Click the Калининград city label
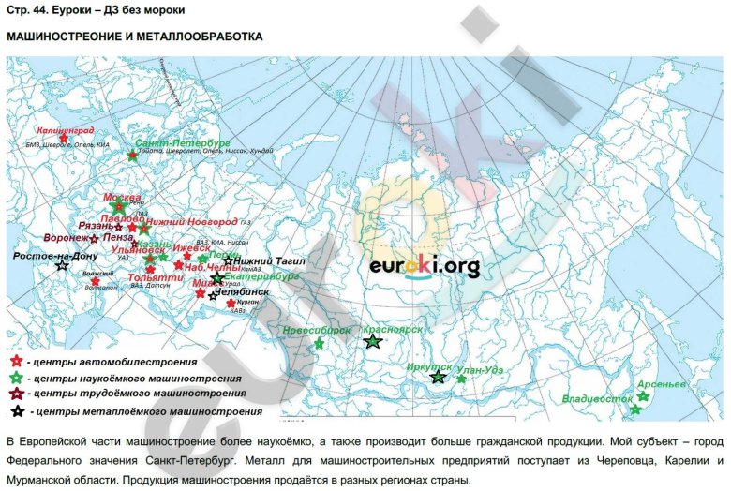[66, 132]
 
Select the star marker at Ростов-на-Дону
[62, 267]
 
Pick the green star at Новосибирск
[319, 344]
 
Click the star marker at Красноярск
[373, 342]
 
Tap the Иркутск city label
[429, 367]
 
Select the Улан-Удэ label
[484, 371]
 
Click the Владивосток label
[597, 398]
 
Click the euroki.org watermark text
[424, 267]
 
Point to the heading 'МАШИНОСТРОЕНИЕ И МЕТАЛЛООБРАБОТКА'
[134, 37]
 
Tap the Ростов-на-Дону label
[55, 255]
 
